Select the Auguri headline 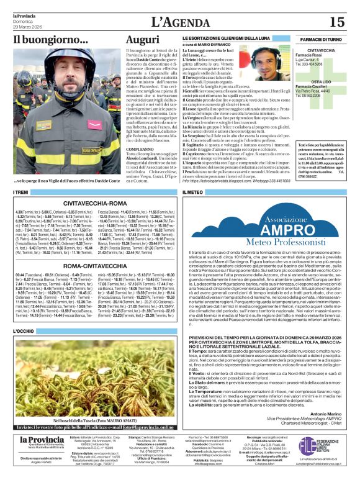[142, 39]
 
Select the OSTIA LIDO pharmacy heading [321, 81]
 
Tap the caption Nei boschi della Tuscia [93, 404]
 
